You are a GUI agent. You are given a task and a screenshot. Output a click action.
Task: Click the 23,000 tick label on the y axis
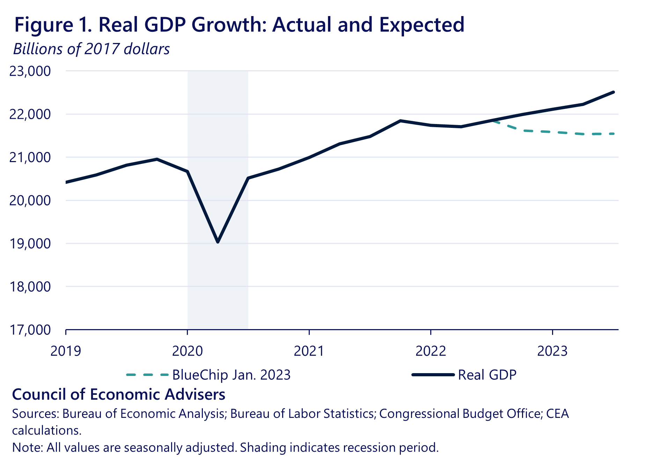[30, 71]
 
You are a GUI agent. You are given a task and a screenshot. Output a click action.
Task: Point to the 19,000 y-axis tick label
[30, 244]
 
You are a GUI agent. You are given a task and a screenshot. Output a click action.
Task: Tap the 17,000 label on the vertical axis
[30, 330]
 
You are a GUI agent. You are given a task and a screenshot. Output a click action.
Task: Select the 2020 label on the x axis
[188, 351]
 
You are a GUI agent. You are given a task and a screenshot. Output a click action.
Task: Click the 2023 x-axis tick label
[552, 351]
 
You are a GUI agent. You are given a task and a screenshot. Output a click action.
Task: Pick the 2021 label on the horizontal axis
[309, 351]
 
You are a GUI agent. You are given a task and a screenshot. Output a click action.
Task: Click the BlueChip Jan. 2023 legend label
[232, 375]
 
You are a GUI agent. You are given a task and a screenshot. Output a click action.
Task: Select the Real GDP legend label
[487, 375]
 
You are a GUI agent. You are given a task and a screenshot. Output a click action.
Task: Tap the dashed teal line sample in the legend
[147, 375]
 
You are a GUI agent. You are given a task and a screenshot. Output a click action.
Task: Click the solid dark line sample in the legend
[433, 375]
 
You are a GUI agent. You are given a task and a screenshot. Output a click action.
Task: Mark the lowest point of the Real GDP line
[218, 242]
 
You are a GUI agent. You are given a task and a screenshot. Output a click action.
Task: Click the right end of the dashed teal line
[614, 134]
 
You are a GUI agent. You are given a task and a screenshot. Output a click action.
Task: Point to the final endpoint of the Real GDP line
[614, 92]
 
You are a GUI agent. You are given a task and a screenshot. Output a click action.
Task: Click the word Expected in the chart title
[422, 25]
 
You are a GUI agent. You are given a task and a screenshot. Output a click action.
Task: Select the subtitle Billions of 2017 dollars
[91, 49]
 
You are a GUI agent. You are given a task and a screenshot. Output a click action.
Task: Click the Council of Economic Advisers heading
[119, 394]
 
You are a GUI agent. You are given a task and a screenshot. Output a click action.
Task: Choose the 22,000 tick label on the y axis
[30, 114]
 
